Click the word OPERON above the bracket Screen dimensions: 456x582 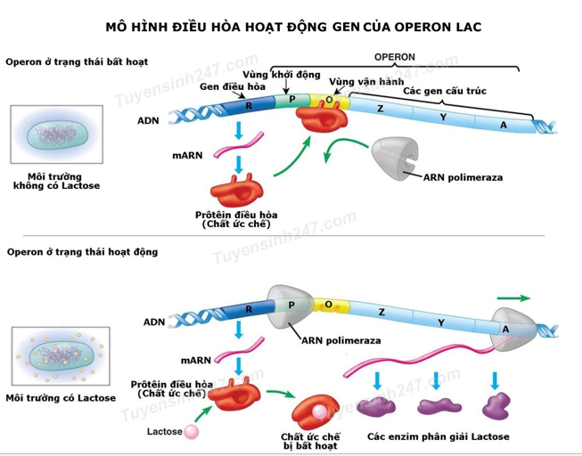[x=395, y=57]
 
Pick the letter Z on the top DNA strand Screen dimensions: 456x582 [x=381, y=109]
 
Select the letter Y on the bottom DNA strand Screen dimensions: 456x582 [x=439, y=322]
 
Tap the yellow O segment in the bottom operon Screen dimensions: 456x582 [x=328, y=305]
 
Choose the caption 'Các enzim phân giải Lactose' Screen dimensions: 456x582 [x=438, y=436]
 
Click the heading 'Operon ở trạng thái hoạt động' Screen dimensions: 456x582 [x=82, y=252]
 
